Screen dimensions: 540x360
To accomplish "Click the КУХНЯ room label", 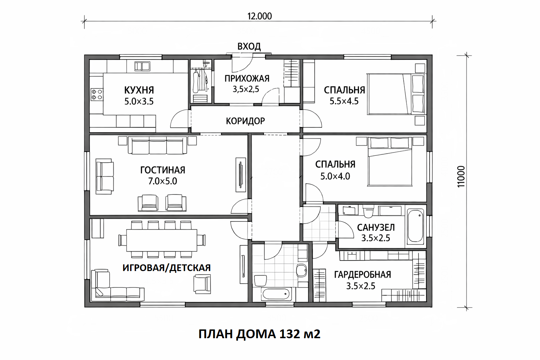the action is coord(139,90).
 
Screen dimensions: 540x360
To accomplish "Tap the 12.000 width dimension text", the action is coord(259,16).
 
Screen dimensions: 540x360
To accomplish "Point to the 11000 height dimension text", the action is coord(461,177).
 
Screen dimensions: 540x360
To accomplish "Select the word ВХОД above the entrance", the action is coord(249,46).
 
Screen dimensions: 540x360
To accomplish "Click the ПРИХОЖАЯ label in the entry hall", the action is coord(247,79).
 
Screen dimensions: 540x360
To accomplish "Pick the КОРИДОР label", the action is coord(245,121).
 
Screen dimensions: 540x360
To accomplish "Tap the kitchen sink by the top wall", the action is coord(142,66).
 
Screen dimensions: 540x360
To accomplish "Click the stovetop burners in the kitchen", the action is coord(96,95).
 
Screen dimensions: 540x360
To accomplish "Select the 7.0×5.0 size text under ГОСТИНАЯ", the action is coord(162,181).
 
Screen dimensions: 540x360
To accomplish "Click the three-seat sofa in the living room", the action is coord(157,146).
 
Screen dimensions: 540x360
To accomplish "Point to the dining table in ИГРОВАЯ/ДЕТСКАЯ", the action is coord(162,240).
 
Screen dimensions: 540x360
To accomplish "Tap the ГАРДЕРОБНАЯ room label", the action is coord(362,275).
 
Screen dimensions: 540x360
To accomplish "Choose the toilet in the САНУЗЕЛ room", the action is coord(368,211).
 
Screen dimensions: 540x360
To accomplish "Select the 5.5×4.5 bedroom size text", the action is coord(344,101).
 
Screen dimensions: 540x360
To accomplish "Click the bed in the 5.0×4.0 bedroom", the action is coord(390,162).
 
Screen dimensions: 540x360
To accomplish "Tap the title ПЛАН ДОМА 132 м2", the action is coord(259,334).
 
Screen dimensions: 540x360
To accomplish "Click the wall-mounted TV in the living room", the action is coord(240,175).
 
